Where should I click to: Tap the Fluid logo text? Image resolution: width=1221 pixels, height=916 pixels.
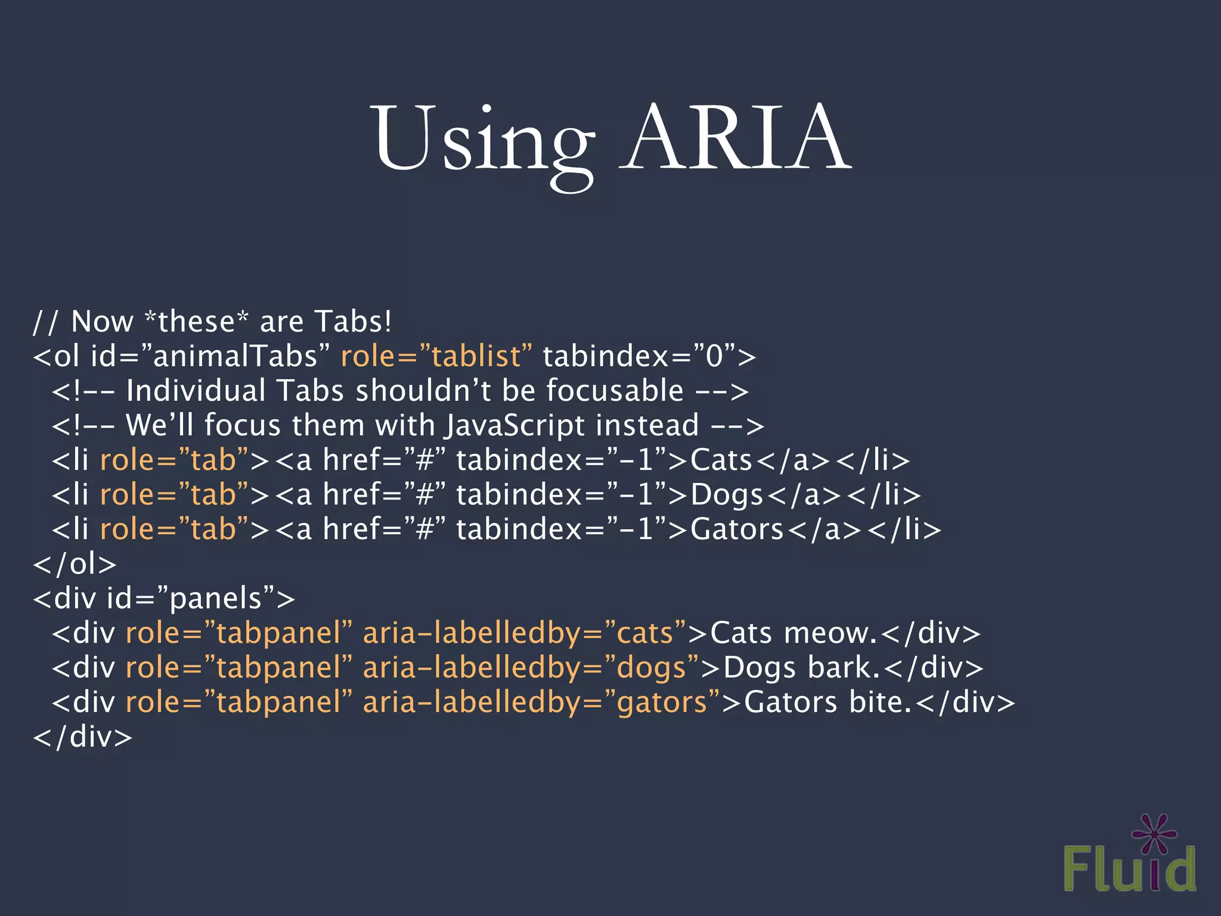click(x=1129, y=869)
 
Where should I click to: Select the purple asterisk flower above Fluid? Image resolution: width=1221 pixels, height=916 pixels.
click(x=1154, y=833)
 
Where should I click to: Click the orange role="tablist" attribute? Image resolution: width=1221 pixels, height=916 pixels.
click(x=436, y=357)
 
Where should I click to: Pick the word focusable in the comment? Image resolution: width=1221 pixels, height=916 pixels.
click(x=615, y=391)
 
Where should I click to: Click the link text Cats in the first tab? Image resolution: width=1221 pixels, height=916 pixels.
click(x=721, y=460)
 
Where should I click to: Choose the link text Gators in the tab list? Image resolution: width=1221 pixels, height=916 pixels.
click(x=737, y=530)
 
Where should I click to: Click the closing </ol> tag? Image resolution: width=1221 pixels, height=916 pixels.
click(x=75, y=564)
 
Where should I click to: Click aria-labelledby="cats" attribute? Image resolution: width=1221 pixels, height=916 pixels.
click(x=525, y=633)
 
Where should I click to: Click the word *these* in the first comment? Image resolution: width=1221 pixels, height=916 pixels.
click(x=196, y=322)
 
